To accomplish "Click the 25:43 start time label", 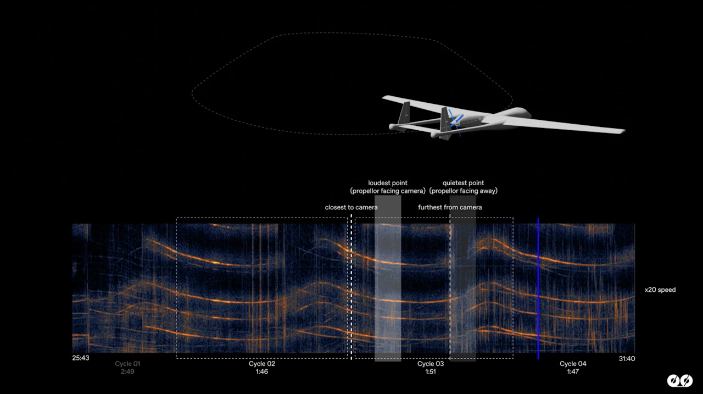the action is [x=81, y=358].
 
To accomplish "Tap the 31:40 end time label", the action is [x=627, y=358].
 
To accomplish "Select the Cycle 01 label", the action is [x=127, y=364].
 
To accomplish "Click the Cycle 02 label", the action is [x=262, y=364].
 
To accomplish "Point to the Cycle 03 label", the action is [x=430, y=364].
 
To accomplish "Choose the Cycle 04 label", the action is [x=573, y=364].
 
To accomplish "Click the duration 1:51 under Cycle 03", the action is [x=430, y=371].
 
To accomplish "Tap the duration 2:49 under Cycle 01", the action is [x=127, y=371].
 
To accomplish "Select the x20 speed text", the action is [x=660, y=290].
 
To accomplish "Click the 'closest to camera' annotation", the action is [x=351, y=207].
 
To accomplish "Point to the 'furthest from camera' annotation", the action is [x=450, y=207].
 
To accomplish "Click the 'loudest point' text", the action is [x=388, y=183].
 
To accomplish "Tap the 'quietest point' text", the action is [x=463, y=183].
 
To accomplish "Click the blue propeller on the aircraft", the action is [x=455, y=123].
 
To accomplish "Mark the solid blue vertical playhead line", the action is [x=538, y=288].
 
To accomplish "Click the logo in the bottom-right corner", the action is [x=680, y=380].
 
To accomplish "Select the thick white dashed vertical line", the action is [x=351, y=287].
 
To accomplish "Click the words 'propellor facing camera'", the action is [x=388, y=191].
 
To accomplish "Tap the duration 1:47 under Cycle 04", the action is [x=573, y=371].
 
